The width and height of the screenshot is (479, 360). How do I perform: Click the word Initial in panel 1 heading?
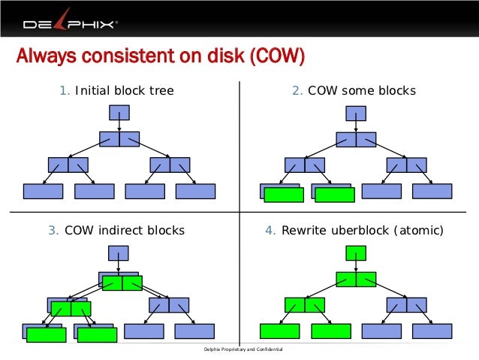coord(93,91)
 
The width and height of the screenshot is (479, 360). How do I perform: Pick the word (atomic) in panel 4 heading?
coord(417,231)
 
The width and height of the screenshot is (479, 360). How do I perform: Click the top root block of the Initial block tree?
coord(119,113)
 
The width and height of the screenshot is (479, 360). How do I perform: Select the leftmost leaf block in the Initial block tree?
coord(43,192)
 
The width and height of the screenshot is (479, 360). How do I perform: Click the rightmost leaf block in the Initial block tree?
coord(195,192)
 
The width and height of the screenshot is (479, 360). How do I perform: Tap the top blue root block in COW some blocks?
coord(356,113)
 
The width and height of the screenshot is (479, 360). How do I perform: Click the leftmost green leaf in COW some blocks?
coord(284,195)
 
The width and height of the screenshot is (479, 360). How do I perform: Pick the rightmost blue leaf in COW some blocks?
coord(432,192)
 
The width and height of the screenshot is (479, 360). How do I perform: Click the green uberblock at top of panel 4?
coord(356,253)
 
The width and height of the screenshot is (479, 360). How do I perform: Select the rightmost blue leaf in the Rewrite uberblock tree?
coord(432,331)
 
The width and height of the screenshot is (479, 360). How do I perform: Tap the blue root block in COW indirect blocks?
coord(119,253)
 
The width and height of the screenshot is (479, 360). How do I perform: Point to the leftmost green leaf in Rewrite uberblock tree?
coord(279,331)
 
